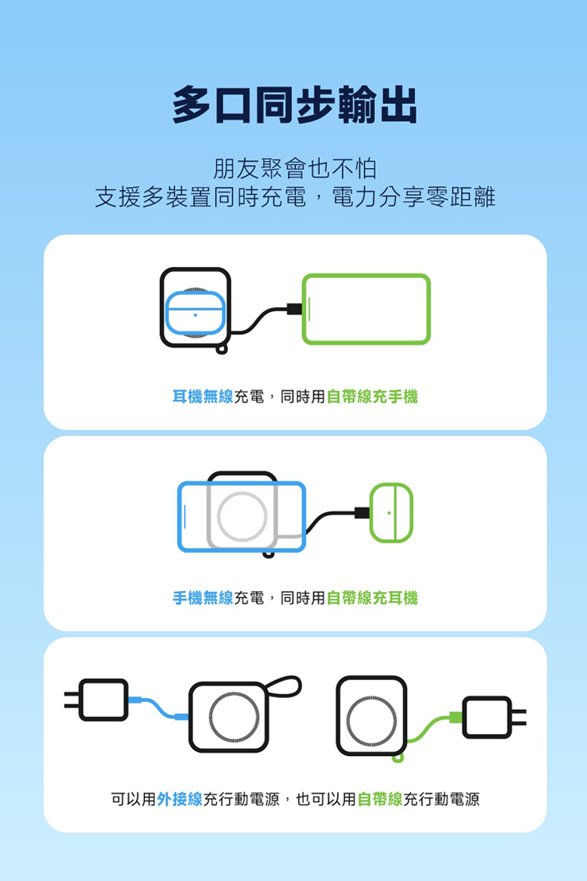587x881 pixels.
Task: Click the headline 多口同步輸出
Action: pos(294,105)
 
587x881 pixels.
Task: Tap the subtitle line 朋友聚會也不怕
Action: pos(294,169)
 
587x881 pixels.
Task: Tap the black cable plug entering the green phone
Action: pos(294,309)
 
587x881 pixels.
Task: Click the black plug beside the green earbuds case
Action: pos(362,513)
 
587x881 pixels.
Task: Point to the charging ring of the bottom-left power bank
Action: pos(211,718)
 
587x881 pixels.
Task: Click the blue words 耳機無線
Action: pos(203,396)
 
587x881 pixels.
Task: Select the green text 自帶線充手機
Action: pos(372,396)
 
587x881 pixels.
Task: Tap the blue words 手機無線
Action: pos(203,598)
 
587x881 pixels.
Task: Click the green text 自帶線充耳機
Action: pos(372,598)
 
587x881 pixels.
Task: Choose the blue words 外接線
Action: pos(179,799)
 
